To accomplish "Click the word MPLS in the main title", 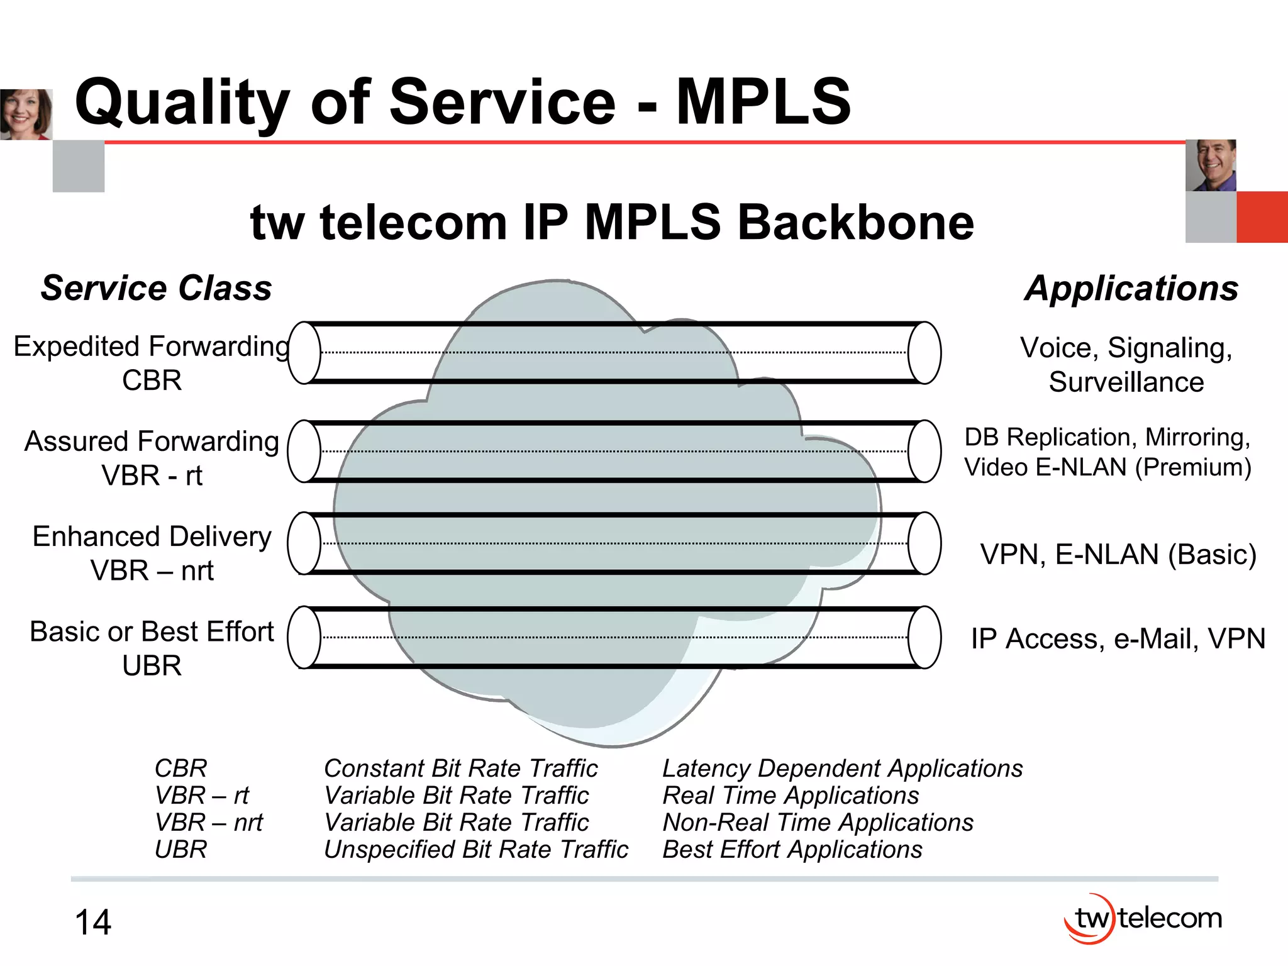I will pyautogui.click(x=763, y=103).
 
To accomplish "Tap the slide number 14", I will pyautogui.click(x=93, y=923).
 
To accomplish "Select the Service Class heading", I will pyautogui.click(x=156, y=288).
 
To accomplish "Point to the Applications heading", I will pyautogui.click(x=1131, y=289).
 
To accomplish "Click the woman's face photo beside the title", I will pyautogui.click(x=26, y=114).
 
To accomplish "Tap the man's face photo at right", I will pyautogui.click(x=1211, y=165).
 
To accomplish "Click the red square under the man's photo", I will pyautogui.click(x=1262, y=217).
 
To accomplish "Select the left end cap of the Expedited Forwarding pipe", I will pyautogui.click(x=304, y=353).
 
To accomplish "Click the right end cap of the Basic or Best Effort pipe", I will pyautogui.click(x=924, y=637).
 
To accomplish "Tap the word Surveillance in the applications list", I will pyautogui.click(x=1126, y=382).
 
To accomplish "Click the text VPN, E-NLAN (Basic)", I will pyautogui.click(x=1118, y=555).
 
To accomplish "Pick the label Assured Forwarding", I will pyautogui.click(x=152, y=441).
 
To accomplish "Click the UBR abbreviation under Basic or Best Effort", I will pyautogui.click(x=152, y=665).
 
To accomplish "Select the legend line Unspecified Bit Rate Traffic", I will pyautogui.click(x=475, y=850).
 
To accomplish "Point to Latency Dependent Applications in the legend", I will pyautogui.click(x=842, y=769).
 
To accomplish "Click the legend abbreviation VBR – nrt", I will pyautogui.click(x=208, y=823).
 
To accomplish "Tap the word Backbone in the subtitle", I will pyautogui.click(x=855, y=223).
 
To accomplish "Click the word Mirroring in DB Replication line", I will pyautogui.click(x=1197, y=437).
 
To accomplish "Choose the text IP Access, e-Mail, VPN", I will pyautogui.click(x=1118, y=639).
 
